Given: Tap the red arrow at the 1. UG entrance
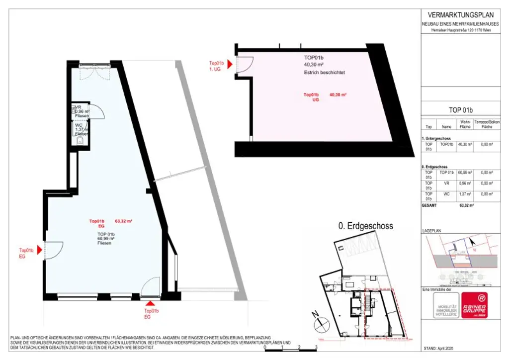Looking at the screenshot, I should pos(229,64).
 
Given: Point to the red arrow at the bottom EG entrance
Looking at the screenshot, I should pos(151,303).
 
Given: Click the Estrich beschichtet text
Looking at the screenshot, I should pos(324,73).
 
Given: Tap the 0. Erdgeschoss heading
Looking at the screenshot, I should pos(365,226).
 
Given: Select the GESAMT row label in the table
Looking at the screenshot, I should pos(429,205).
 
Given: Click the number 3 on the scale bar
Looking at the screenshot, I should pos(316,348).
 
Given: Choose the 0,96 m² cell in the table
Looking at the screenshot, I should pos(464,183).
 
